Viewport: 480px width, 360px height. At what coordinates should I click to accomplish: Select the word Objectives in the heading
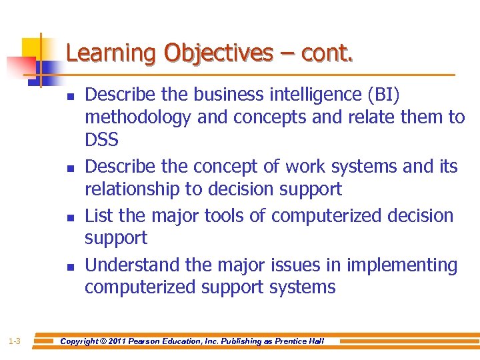[219, 53]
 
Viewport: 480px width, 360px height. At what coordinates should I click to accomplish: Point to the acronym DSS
[101, 140]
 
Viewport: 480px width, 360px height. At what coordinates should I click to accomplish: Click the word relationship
[132, 189]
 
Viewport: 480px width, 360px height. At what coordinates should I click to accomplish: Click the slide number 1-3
[15, 341]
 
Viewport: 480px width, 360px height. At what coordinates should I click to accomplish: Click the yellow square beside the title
[33, 48]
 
